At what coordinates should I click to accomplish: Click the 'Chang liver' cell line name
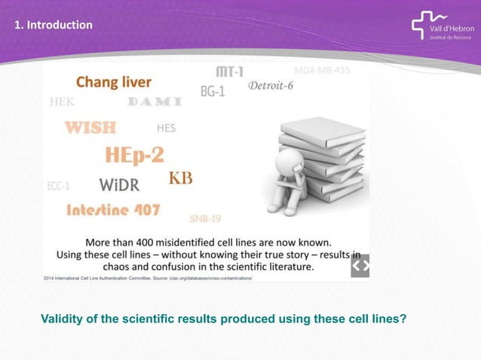pos(114,81)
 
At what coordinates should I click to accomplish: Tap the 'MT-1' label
pos(230,72)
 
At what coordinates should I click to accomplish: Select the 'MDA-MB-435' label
pos(322,71)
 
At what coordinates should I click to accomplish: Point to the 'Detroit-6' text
pos(271,86)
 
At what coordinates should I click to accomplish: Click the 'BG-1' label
pos(213,91)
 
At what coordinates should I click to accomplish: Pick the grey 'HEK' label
pos(62,102)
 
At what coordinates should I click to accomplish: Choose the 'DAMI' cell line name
pos(155,102)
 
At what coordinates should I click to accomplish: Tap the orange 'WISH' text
pos(90,127)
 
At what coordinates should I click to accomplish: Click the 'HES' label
pos(166,128)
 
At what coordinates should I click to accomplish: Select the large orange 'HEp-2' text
pos(134,155)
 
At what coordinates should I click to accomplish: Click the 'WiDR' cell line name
pos(119,185)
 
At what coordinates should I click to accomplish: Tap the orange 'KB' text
pos(180,178)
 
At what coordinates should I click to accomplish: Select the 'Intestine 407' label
pos(113,209)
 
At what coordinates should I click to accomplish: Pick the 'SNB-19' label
pos(205,218)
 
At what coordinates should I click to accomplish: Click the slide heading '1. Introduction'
pos(54,26)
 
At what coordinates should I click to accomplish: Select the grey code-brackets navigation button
pos(360,266)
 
